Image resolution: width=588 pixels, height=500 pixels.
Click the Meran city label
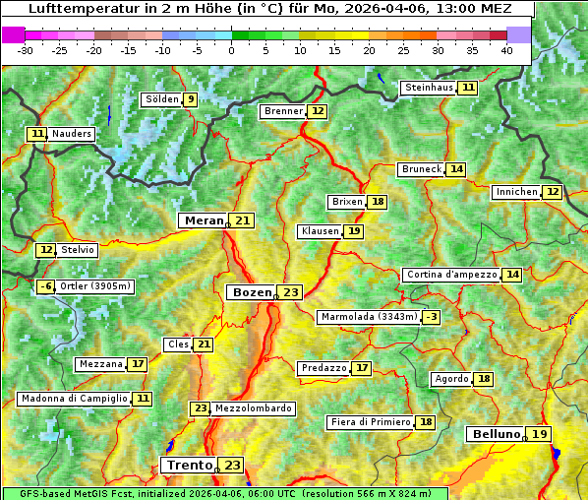point(203,220)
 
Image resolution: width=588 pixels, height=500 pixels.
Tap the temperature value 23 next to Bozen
point(290,292)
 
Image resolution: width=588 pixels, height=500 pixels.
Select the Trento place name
point(189,465)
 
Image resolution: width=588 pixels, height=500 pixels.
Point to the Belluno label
point(495,434)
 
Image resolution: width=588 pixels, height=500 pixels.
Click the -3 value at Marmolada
point(431,317)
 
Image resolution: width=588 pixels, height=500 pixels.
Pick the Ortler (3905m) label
point(95,286)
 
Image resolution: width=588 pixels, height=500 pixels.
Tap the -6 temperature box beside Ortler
point(45,286)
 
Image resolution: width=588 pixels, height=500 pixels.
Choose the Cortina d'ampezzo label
point(450,275)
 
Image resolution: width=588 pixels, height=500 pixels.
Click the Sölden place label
point(162,99)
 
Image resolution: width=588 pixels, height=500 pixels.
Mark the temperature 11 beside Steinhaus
point(468,88)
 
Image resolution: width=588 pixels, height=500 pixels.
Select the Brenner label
point(283,111)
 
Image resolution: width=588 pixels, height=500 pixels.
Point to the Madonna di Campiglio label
point(74,399)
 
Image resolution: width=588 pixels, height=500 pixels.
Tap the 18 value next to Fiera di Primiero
point(425,422)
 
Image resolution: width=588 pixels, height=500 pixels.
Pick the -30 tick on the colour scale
point(26,50)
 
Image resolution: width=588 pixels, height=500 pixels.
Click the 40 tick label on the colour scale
point(506,50)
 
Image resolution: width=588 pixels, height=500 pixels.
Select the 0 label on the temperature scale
point(231,50)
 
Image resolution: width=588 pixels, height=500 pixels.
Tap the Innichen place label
point(516,192)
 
